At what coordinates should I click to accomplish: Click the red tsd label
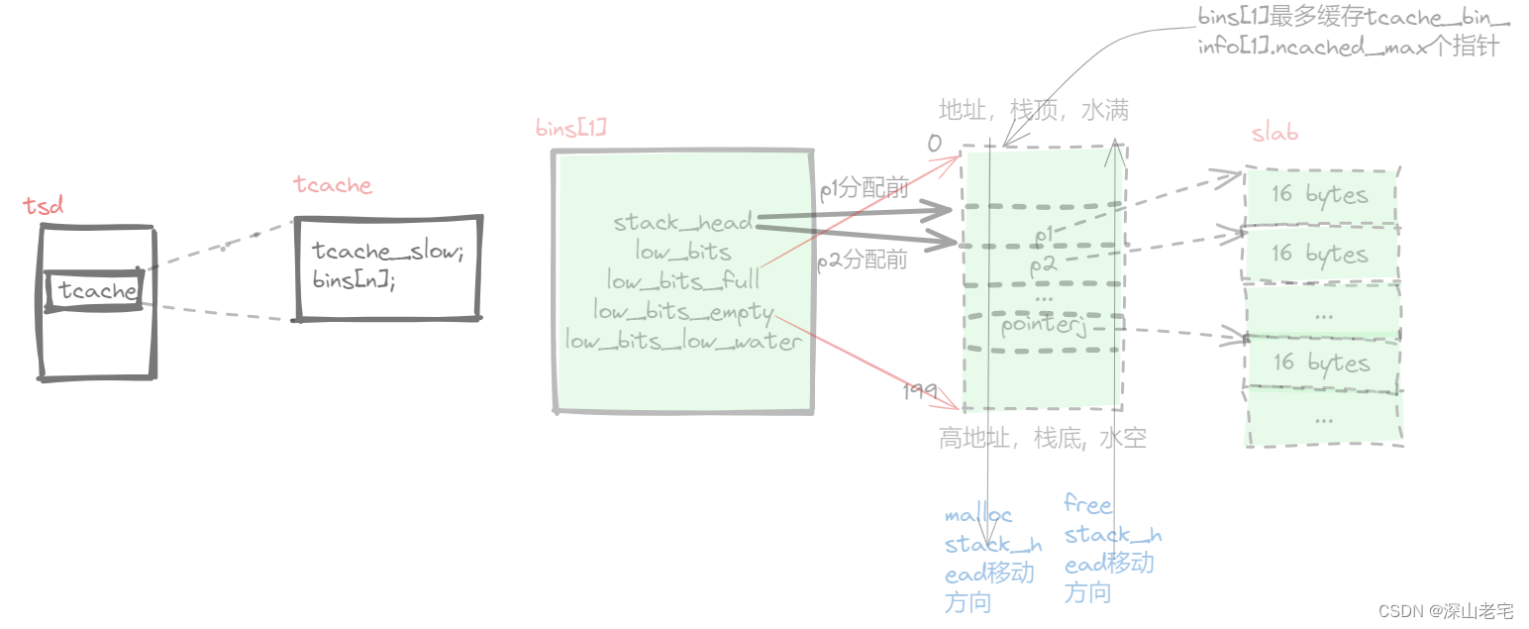(x=43, y=205)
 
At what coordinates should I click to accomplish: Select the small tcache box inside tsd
(x=97, y=291)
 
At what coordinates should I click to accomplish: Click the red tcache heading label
(x=333, y=185)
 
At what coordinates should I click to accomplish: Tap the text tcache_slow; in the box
(x=387, y=251)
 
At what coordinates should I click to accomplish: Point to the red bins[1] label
(x=570, y=129)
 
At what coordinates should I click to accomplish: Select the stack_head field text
(x=683, y=222)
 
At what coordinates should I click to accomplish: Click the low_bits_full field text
(x=683, y=281)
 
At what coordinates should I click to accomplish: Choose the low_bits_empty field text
(x=683, y=311)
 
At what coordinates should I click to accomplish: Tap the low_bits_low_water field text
(x=683, y=341)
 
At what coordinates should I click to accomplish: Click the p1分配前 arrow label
(x=864, y=188)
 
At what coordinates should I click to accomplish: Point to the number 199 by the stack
(x=919, y=392)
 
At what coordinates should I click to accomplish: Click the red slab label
(x=1274, y=134)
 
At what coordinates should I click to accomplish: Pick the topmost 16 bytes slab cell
(x=1320, y=194)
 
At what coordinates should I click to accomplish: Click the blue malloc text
(x=978, y=515)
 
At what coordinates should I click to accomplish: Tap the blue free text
(x=1087, y=504)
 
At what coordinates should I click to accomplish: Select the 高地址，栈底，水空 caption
(x=1042, y=439)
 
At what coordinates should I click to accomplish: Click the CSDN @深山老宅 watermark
(x=1444, y=611)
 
